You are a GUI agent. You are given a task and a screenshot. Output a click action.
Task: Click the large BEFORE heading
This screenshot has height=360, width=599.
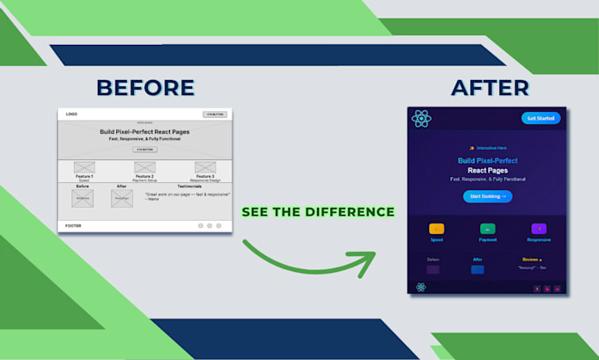point(145,87)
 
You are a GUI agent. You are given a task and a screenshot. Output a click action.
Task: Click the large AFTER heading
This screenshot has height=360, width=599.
point(490,87)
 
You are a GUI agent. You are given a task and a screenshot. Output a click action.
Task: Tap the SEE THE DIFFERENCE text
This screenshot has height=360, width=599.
point(318,212)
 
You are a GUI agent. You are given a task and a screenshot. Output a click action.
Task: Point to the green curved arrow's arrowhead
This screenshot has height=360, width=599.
point(366,261)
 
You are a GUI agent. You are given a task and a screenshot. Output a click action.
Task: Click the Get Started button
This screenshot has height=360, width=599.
point(540,118)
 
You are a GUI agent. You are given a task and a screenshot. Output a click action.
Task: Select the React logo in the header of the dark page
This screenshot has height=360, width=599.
point(422,119)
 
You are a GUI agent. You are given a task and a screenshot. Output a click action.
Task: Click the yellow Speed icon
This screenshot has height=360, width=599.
point(437,229)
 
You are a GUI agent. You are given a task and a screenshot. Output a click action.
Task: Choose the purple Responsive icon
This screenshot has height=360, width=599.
point(539,229)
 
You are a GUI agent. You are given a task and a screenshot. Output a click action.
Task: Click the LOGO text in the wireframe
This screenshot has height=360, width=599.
point(71,114)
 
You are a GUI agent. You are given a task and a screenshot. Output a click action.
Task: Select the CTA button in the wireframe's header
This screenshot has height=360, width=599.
point(214,114)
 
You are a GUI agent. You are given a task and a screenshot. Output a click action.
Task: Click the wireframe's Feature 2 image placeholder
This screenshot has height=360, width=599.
point(144,167)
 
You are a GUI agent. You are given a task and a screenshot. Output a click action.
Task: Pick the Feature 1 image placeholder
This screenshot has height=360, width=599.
point(85,167)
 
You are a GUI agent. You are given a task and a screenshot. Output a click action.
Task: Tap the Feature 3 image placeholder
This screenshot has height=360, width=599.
point(204,167)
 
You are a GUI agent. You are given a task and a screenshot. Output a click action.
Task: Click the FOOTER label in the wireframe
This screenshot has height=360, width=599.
point(73,226)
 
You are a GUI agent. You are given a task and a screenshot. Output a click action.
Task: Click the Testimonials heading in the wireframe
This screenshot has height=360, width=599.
point(189,186)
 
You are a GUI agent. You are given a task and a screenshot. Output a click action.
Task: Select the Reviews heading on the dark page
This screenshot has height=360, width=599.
point(531,260)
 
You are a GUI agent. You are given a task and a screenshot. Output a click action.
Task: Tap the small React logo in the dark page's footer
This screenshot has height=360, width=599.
point(421,287)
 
